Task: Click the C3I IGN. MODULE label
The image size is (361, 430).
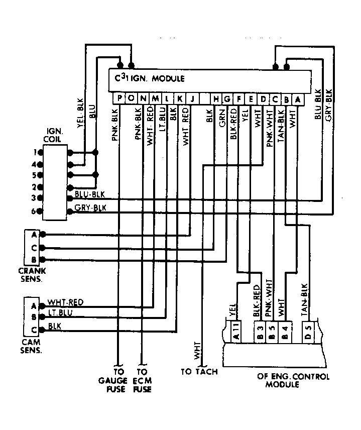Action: coord(150,78)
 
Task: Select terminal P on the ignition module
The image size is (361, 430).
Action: coord(119,98)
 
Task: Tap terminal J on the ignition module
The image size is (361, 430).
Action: coord(192,98)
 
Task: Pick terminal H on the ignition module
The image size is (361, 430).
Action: coord(216,99)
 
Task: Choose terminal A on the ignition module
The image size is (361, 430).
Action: coord(298,99)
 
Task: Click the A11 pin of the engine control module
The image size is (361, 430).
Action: coord(236,332)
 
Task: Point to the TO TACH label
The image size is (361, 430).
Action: coord(199,372)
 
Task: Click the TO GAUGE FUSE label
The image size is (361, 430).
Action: coord(112,380)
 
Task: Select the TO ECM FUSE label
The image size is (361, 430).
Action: coord(142,380)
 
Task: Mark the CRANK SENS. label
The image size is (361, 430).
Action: coord(32,275)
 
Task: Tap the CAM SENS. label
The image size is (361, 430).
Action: coord(31,346)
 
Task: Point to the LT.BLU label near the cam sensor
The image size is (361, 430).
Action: coord(60,312)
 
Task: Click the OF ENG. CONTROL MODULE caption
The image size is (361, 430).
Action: coord(293,380)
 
